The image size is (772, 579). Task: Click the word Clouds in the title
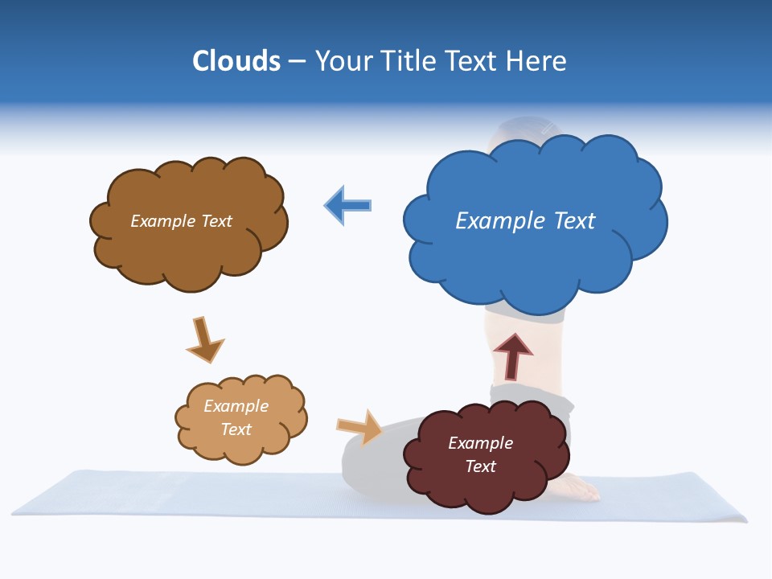236,61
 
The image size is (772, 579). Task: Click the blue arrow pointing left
347,206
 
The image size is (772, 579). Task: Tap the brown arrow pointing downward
204,339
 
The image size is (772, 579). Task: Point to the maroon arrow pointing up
513,355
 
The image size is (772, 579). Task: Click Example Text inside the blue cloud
525,220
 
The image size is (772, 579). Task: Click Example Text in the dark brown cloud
181,221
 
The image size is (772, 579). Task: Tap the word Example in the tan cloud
236,406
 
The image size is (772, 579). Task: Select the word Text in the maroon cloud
481,466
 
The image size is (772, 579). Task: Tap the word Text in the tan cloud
236,429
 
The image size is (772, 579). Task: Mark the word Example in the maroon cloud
480,443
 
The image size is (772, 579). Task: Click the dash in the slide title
298,61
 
